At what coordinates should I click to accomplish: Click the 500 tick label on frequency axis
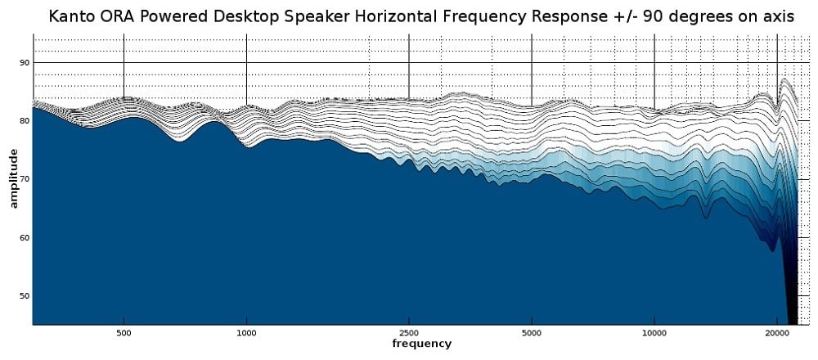tap(124, 334)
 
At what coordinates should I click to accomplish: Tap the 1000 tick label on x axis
tap(246, 334)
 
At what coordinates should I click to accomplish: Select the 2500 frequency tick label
tap(409, 334)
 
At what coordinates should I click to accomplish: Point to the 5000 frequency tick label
tap(532, 334)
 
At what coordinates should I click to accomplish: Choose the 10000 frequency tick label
tap(654, 334)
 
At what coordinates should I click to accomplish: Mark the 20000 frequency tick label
tap(777, 334)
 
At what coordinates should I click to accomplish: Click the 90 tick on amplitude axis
tap(25, 62)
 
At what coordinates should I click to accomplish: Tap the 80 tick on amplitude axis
tap(25, 120)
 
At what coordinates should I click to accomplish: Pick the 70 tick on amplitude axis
tap(25, 178)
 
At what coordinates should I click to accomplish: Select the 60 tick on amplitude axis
tap(25, 237)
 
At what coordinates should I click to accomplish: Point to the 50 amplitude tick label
tap(25, 295)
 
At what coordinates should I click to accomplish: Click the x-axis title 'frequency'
tap(421, 344)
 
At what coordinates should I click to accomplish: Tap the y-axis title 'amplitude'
tap(13, 178)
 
